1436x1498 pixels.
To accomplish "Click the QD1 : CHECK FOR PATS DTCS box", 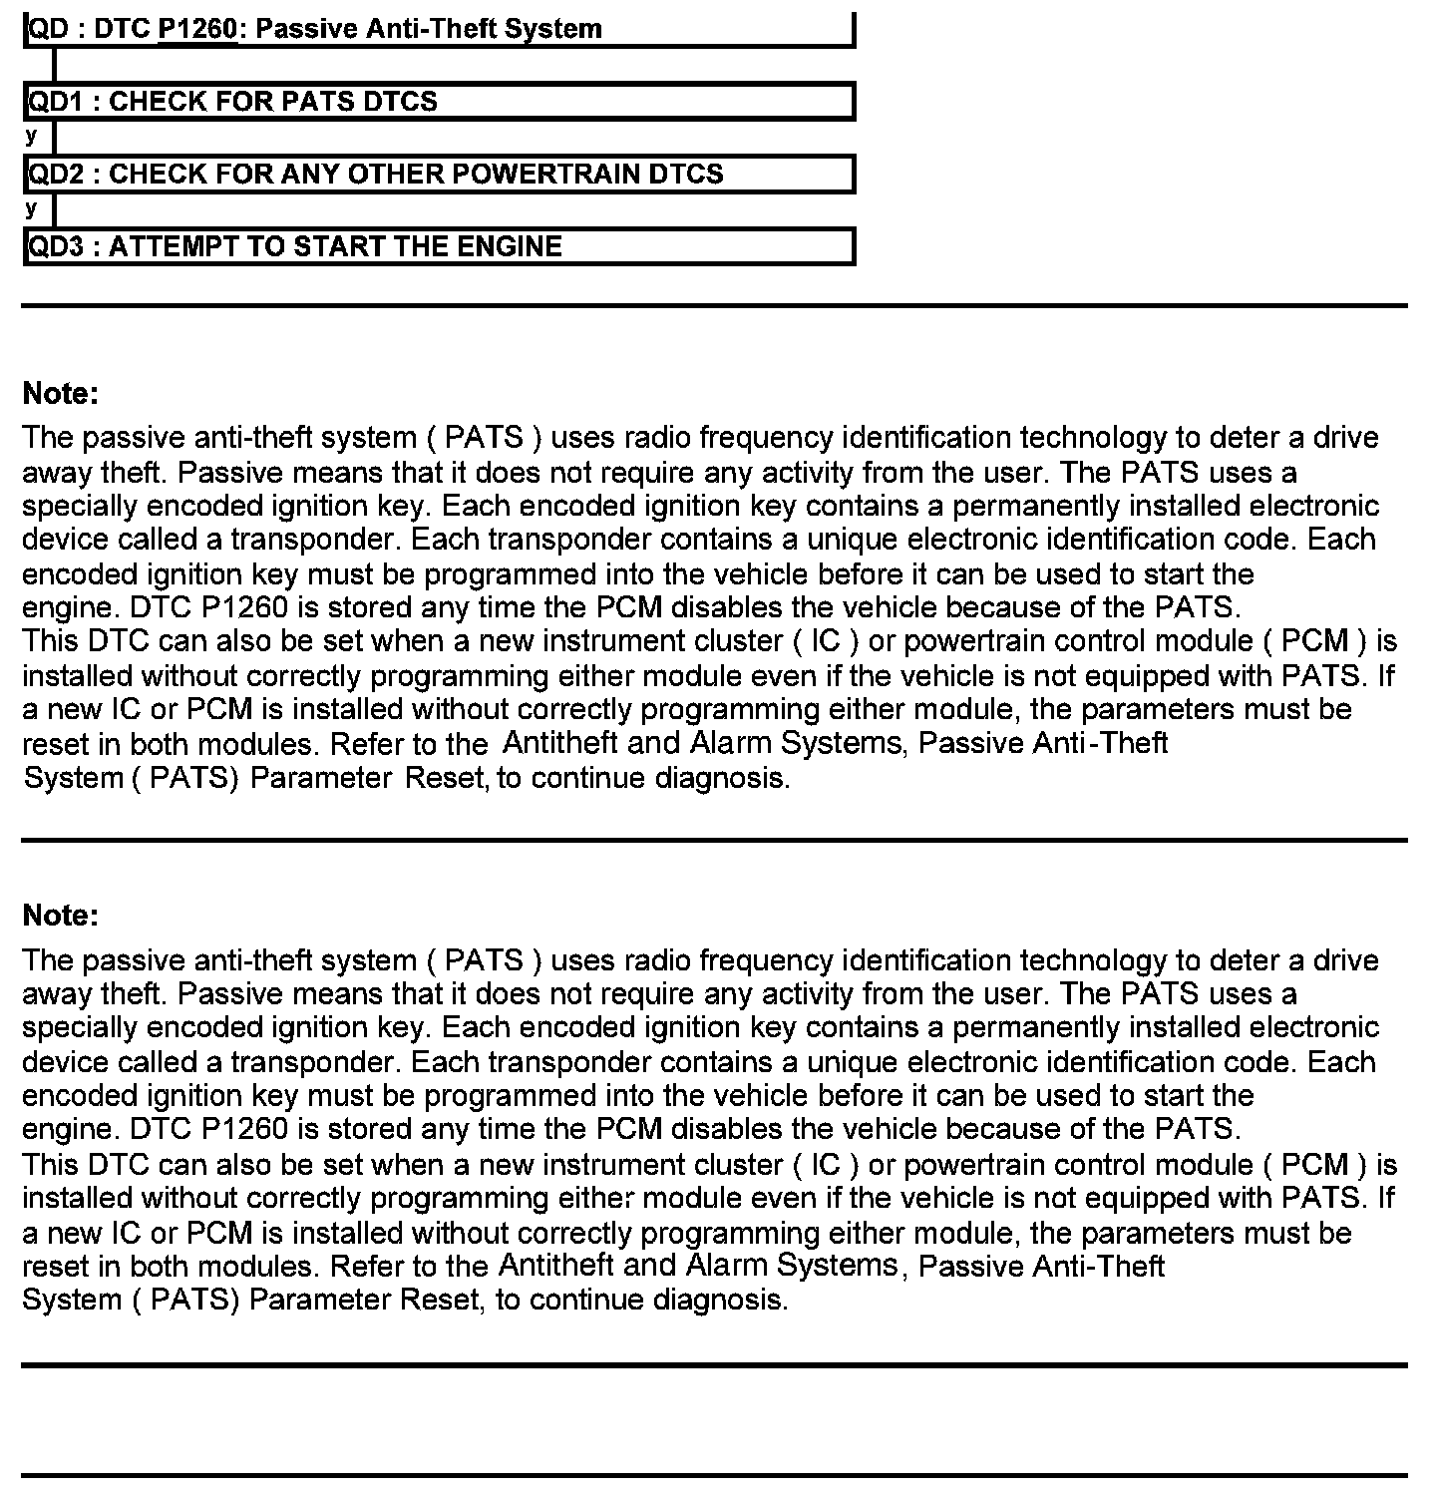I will coord(439,102).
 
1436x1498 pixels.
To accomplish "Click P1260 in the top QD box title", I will coord(198,29).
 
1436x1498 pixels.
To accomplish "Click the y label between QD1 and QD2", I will coord(32,136).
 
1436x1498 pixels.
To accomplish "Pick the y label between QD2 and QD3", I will coord(32,208).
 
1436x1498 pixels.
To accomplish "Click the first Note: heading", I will coord(61,394).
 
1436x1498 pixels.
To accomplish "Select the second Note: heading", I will coord(61,916).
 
